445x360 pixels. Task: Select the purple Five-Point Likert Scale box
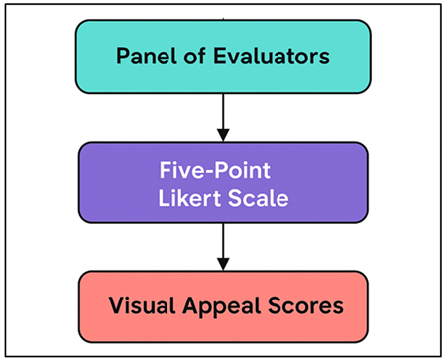(222, 181)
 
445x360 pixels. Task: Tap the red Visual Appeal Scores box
(222, 305)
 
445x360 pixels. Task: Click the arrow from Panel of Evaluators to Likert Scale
(222, 114)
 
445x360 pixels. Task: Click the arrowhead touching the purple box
(222, 136)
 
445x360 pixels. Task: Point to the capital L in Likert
(164, 197)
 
